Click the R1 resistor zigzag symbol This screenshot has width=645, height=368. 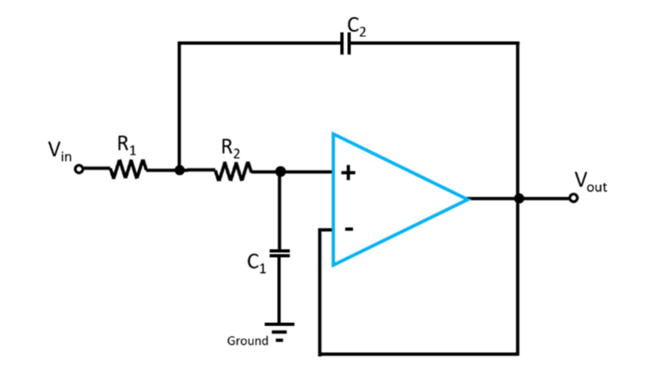tap(127, 170)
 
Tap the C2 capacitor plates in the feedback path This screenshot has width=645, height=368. tap(346, 43)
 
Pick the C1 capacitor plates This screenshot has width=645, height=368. tap(279, 253)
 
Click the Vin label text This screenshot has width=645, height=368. tap(58, 152)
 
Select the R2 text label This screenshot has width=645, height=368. tap(230, 146)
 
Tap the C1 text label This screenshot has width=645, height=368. tap(256, 263)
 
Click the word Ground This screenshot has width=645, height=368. tap(247, 341)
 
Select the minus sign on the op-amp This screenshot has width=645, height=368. tap(349, 229)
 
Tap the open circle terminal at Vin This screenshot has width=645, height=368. tap(79, 170)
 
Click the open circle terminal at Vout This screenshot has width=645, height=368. tap(574, 199)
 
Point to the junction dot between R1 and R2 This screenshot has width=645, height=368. tap(179, 170)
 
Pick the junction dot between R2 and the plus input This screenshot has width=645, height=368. tap(280, 171)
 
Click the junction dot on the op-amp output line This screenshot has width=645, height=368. tap(519, 199)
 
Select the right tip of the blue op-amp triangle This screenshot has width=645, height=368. tap(467, 199)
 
